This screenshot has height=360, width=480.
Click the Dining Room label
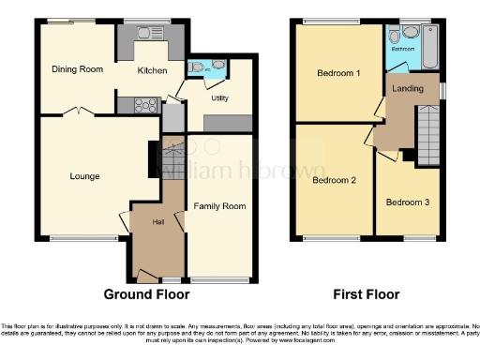point(77,69)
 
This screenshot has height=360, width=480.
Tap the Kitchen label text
point(152,69)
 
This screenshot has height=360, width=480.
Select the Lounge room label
point(84,175)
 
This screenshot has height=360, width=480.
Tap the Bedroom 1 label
point(337,73)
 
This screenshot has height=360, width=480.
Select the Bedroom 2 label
point(334,181)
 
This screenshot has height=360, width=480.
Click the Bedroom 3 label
point(408,202)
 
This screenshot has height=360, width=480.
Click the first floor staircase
point(429,135)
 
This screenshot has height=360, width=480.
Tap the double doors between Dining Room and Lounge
point(78,112)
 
